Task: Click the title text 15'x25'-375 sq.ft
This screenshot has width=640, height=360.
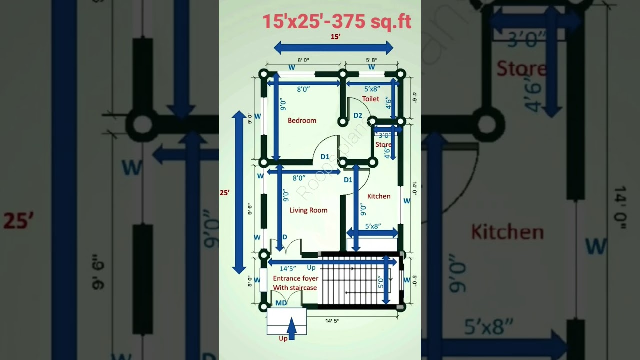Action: pyautogui.click(x=337, y=21)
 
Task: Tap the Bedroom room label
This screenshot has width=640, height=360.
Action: pyautogui.click(x=302, y=120)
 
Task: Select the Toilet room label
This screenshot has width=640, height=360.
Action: pyautogui.click(x=371, y=99)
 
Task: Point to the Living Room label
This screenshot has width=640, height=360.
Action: pyautogui.click(x=308, y=210)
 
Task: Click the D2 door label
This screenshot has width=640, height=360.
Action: pyautogui.click(x=358, y=116)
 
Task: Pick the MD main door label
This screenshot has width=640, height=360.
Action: pyautogui.click(x=281, y=303)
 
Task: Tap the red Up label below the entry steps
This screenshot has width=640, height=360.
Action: pyautogui.click(x=283, y=338)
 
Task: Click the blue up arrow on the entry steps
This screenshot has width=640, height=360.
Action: pyautogui.click(x=292, y=330)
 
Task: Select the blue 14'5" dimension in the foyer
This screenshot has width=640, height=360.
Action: pyautogui.click(x=287, y=268)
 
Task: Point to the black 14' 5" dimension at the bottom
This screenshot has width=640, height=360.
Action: pyautogui.click(x=332, y=321)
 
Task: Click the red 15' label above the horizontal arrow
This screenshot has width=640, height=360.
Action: pyautogui.click(x=336, y=36)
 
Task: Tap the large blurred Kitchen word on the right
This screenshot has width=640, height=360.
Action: pyautogui.click(x=507, y=232)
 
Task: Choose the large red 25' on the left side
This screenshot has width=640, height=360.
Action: pyautogui.click(x=18, y=220)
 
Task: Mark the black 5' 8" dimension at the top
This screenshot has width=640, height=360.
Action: pyautogui.click(x=371, y=60)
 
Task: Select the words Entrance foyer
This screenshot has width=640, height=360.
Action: pyautogui.click(x=296, y=278)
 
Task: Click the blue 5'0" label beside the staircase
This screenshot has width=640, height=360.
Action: pyautogui.click(x=381, y=283)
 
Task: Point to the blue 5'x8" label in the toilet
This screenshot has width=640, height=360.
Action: pyautogui.click(x=372, y=89)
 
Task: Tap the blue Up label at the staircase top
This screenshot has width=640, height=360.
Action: pyautogui.click(x=311, y=268)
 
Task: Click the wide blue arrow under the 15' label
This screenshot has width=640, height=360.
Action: pyautogui.click(x=333, y=48)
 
